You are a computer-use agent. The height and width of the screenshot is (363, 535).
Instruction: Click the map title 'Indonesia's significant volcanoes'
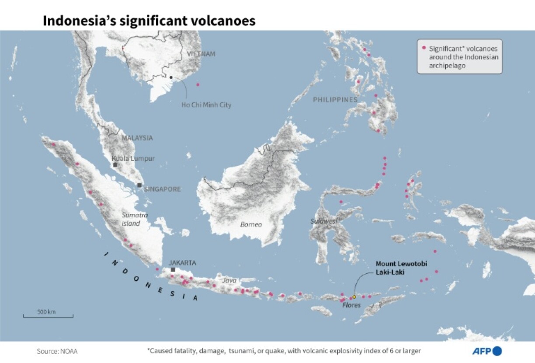[149, 21]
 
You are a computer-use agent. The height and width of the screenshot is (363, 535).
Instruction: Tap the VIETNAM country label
[201, 54]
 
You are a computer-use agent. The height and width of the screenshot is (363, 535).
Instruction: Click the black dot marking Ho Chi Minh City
[171, 77]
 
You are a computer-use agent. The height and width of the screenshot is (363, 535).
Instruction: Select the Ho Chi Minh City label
[206, 105]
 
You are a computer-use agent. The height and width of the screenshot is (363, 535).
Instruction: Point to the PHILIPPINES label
[335, 100]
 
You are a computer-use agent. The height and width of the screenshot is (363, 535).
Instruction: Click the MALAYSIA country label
[137, 138]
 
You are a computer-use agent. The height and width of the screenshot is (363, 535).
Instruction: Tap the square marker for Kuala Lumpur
[115, 165]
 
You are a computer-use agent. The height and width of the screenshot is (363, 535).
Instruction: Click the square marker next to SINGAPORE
[139, 185]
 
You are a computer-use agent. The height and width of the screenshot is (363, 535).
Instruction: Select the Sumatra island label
[134, 219]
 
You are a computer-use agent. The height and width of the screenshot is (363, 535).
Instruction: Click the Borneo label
[251, 224]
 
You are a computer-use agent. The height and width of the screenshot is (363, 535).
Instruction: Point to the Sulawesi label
[324, 221]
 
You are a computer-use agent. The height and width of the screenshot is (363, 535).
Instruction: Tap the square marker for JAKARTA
[173, 270]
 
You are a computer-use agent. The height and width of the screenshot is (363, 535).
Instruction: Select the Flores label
[352, 305]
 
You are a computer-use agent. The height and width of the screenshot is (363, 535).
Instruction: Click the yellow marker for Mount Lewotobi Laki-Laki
[354, 297]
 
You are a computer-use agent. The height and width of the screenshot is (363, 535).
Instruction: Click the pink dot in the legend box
[424, 48]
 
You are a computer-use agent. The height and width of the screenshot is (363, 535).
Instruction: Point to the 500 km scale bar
[48, 315]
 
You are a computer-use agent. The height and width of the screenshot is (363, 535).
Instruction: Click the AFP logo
[487, 351]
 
